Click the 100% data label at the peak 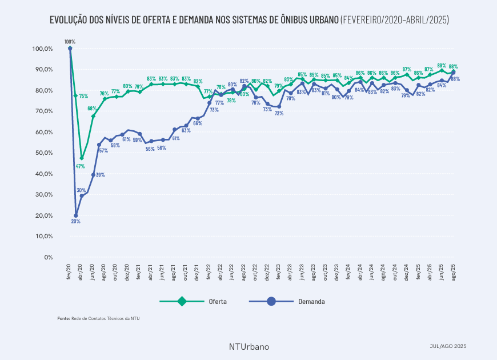tap(70, 42)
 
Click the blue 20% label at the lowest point tap(75, 221)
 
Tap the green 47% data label tap(81, 166)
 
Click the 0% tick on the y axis tap(48, 257)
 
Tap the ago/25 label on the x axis tap(454, 272)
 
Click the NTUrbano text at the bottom tap(248, 346)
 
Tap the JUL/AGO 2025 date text tap(448, 346)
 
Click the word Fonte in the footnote tap(63, 318)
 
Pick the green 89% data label tap(442, 65)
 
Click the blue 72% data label tap(279, 113)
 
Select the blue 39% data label tap(100, 174)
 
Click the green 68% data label tap(92, 108)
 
